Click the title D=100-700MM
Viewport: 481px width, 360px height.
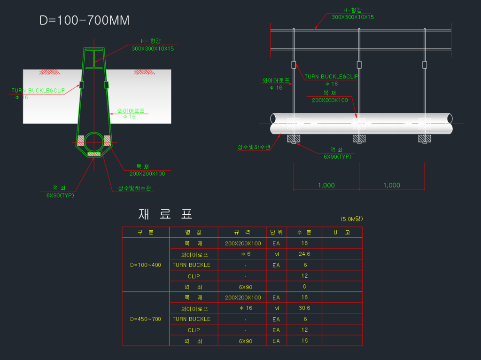tap(85, 21)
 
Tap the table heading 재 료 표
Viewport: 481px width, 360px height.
tap(166, 214)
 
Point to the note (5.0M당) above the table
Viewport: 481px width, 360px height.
tap(352, 219)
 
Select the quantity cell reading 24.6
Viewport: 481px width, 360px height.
tap(304, 254)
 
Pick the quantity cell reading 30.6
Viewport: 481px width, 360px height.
tap(304, 308)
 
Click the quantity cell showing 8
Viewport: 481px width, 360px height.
tap(304, 287)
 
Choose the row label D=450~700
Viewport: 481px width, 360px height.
tap(146, 319)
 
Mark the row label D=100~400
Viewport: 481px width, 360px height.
tap(146, 265)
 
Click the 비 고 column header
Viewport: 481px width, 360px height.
tap(341, 233)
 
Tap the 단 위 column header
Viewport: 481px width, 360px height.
tap(276, 233)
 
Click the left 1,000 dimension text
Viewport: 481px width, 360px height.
tap(326, 185)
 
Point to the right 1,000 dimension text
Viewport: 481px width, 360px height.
tap(392, 185)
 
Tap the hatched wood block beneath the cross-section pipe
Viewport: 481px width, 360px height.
tap(94, 154)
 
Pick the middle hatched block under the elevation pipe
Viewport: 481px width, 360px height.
tap(359, 139)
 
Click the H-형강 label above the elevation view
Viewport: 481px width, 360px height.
tap(353, 10)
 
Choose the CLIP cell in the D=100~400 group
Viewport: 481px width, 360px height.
tap(194, 276)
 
